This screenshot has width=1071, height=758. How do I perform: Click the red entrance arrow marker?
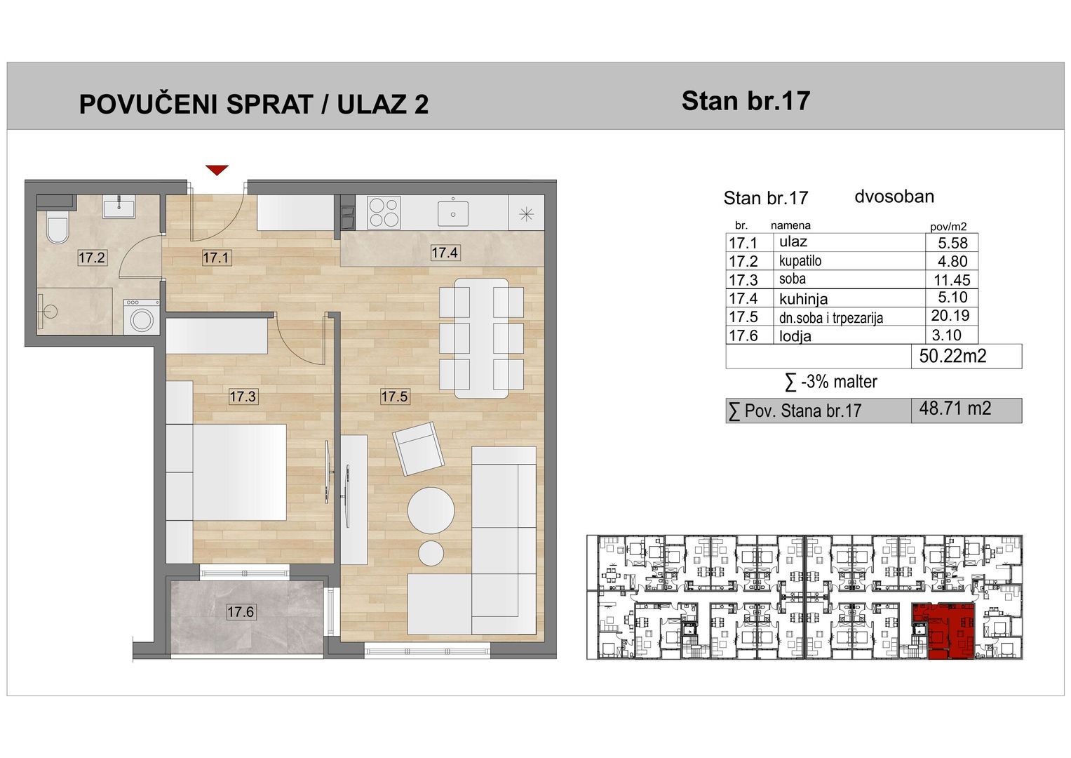coord(217,170)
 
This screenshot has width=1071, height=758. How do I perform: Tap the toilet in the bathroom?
coord(58,230)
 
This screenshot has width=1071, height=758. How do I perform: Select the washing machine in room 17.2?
coord(142,317)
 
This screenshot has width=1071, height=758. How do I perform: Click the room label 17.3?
coord(243,397)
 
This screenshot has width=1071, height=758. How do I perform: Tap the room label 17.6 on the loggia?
coord(241,612)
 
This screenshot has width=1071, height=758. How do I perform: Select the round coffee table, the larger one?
coord(431,510)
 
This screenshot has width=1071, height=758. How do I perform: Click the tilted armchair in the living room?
coord(418,448)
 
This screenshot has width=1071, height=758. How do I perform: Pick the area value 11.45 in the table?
coord(952,280)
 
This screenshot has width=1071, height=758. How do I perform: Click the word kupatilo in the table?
coord(800,261)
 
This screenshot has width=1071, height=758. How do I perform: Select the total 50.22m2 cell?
coord(966,356)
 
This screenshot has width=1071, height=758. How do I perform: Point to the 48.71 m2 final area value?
coord(955,408)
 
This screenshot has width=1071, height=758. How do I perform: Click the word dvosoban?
coord(894,197)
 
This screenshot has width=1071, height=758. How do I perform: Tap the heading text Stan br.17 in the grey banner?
coord(746,101)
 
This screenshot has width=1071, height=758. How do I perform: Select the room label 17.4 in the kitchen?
coord(445,252)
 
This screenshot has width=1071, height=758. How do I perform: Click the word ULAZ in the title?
coord(368,105)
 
